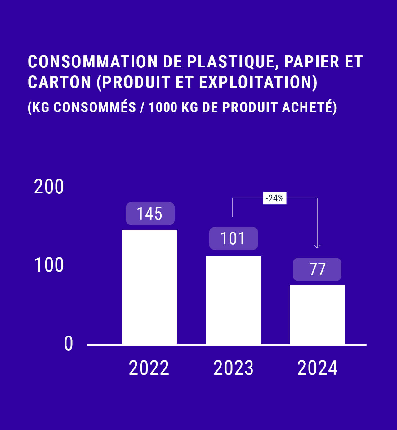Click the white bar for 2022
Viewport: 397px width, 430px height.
pos(149,287)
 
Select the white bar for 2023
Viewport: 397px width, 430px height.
pos(233,300)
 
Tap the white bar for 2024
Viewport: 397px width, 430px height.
pos(317,315)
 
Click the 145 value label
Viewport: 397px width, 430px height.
pos(150,214)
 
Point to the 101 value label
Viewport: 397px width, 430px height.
pos(234,238)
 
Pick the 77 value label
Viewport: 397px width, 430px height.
pos(317,269)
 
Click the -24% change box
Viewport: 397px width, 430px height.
pos(275,198)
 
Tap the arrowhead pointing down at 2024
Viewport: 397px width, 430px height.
pos(317,246)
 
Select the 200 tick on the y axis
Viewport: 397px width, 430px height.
pos(49,187)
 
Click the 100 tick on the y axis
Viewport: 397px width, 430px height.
pos(49,265)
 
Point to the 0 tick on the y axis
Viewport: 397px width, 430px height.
pos(68,344)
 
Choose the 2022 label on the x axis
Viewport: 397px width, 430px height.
pos(149,368)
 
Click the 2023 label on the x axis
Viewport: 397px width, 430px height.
pos(233,368)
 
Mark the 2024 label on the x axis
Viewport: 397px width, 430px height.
pos(317,368)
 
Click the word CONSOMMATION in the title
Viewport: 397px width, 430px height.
pos(93,61)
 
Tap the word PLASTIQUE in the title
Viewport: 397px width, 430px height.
pos(231,61)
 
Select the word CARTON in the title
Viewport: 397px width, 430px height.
pos(60,82)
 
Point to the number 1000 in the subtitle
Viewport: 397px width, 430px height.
pos(163,107)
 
